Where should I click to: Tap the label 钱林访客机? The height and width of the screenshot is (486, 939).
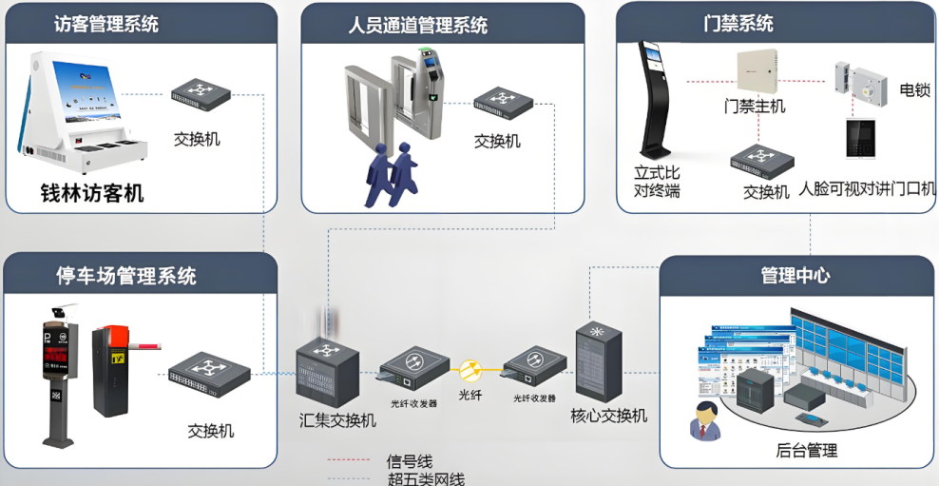91,193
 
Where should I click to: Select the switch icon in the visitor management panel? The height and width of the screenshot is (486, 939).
201,92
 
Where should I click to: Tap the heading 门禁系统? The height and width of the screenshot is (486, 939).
738,24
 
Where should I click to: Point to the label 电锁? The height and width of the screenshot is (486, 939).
913,90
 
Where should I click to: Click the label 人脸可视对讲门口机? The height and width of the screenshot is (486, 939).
867,189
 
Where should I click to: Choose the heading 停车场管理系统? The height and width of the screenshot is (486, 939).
126,276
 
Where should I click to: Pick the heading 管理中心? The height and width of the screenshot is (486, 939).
795,276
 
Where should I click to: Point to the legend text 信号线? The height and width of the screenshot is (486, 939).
410,461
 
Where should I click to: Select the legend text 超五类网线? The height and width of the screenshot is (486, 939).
426,478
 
